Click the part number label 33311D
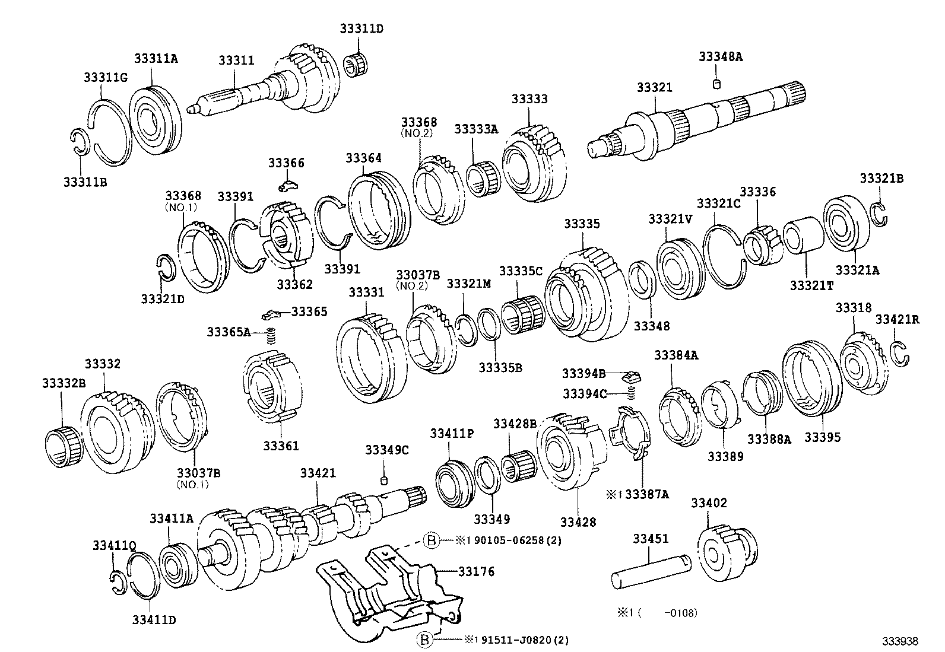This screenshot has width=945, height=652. [361, 28]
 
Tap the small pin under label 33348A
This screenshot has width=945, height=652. [716, 83]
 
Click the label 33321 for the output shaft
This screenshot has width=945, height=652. [655, 87]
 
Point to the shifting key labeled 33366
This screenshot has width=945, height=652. [288, 187]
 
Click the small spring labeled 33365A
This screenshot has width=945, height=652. [272, 336]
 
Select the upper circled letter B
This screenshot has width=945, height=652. [432, 540]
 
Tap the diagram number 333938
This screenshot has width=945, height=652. [900, 641]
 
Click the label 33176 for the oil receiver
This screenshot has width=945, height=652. [476, 571]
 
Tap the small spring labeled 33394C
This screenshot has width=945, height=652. [632, 393]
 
